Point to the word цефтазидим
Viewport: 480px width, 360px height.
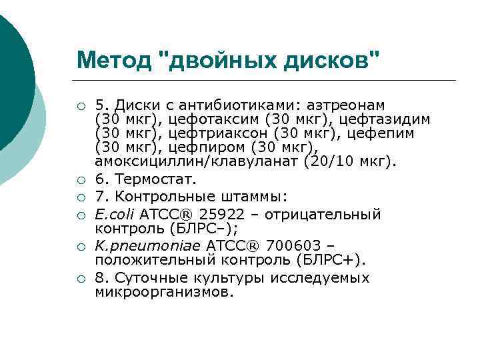tap(385, 119)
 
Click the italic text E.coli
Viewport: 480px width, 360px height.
tap(115, 215)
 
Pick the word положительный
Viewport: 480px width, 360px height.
tap(148, 260)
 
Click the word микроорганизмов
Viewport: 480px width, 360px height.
tap(165, 292)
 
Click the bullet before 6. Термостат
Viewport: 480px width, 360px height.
tap(80, 180)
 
